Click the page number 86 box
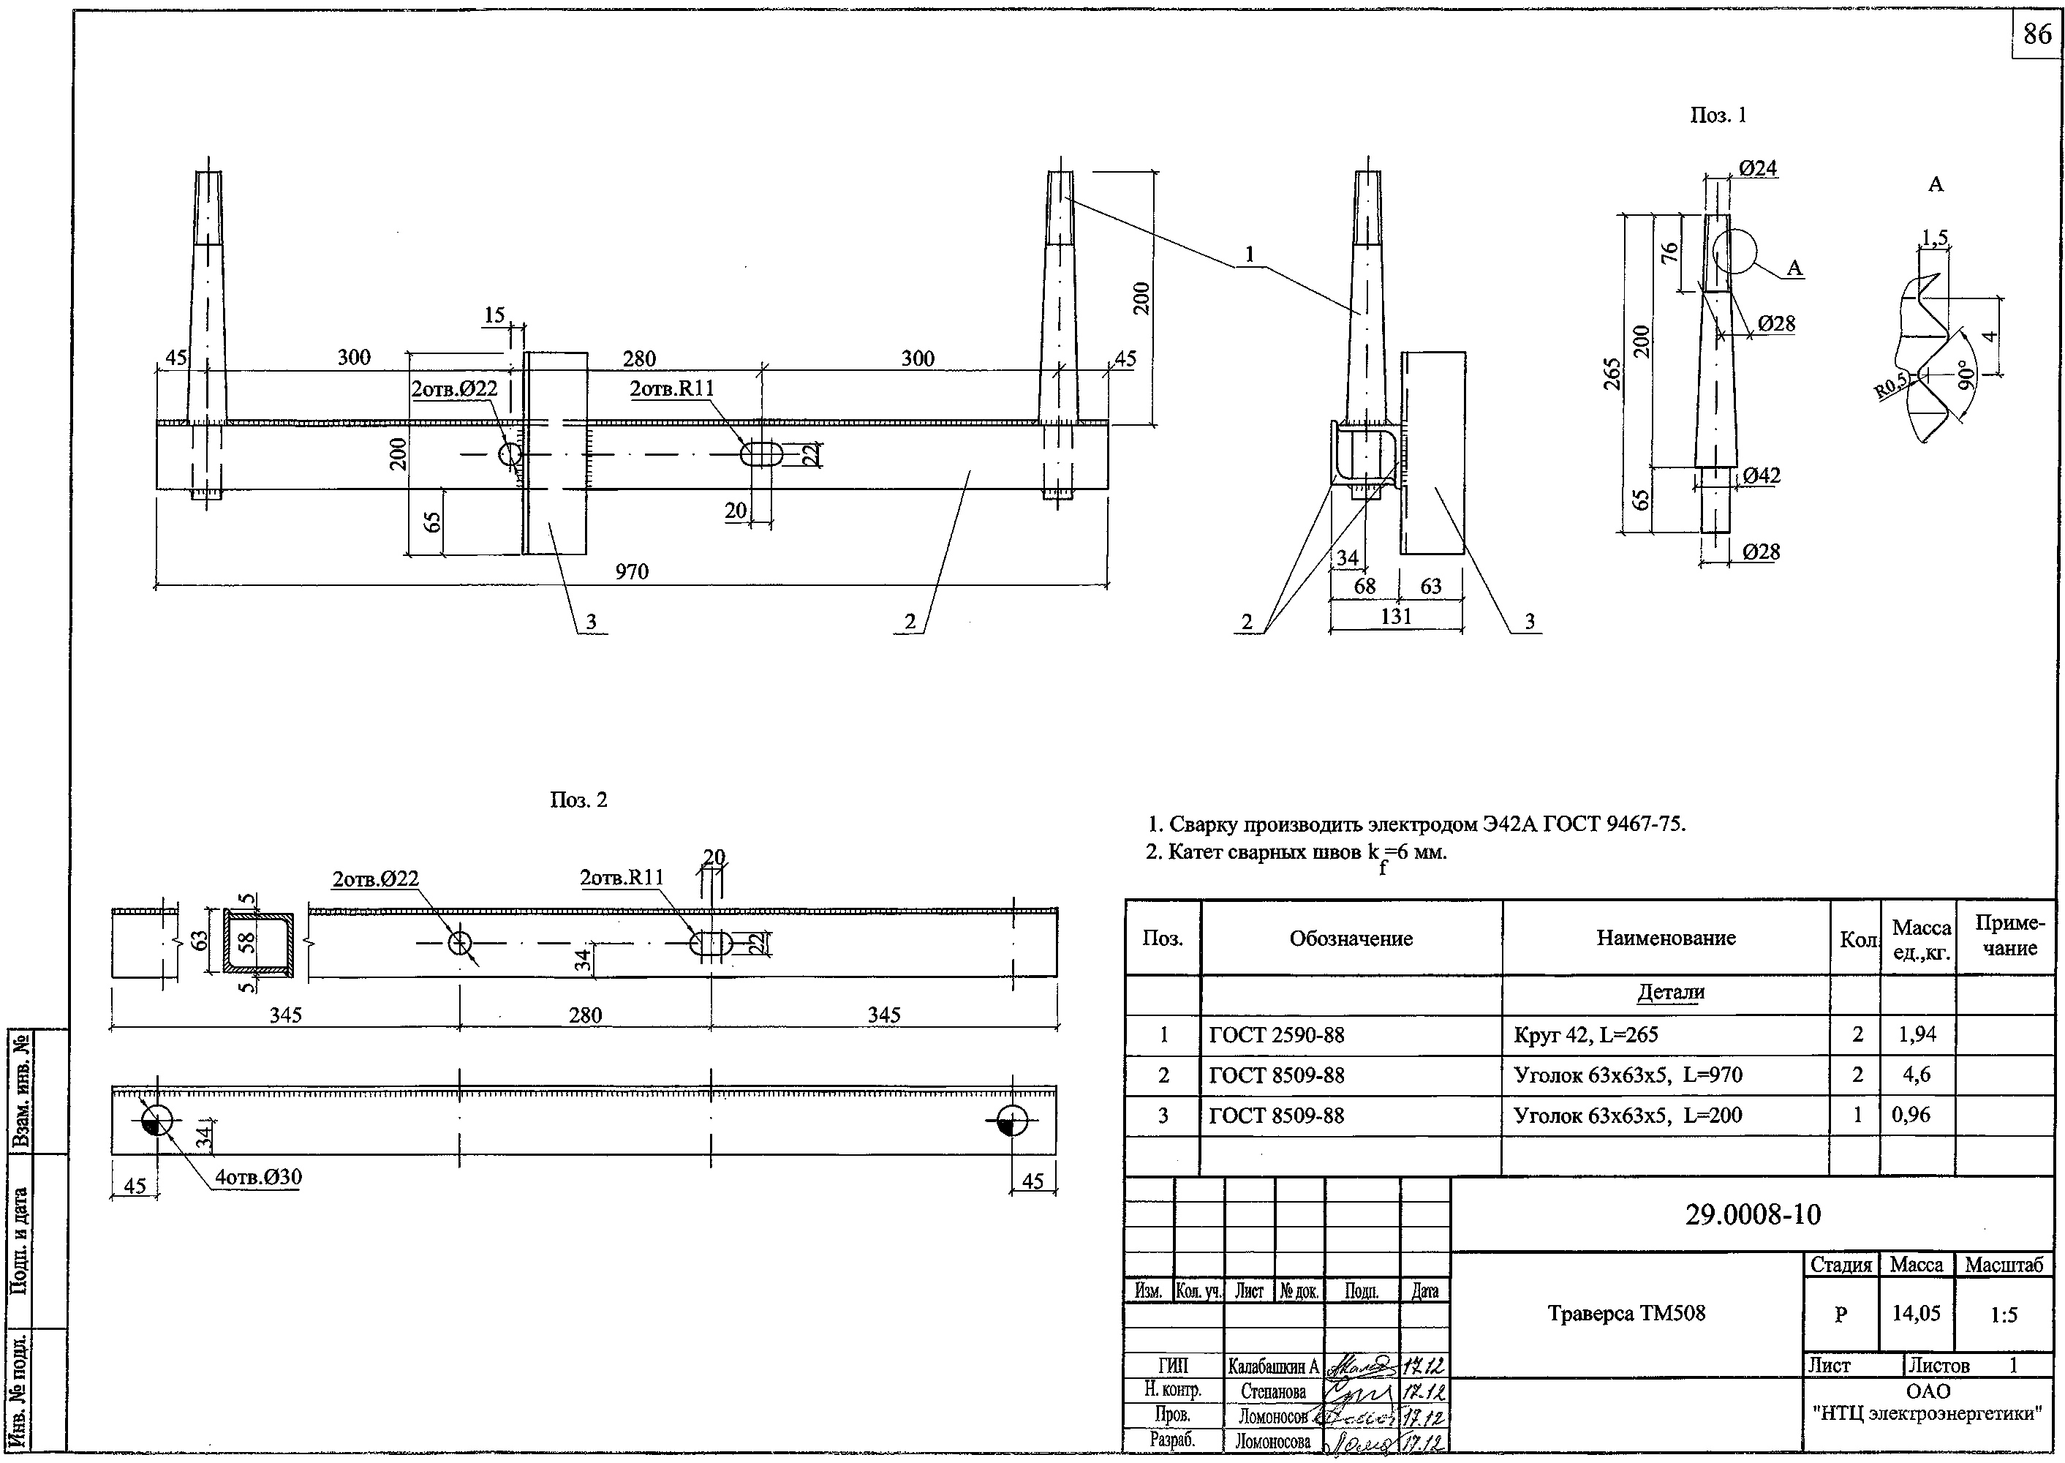point(2037,34)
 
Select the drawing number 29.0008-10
point(1753,1214)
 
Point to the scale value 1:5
point(2004,1315)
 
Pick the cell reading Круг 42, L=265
point(1586,1035)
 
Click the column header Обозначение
point(1351,939)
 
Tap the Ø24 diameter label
point(1757,168)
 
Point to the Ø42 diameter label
point(1761,475)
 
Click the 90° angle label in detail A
point(1964,374)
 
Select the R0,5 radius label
point(1891,385)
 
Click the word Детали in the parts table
point(1671,992)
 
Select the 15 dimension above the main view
point(494,315)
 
